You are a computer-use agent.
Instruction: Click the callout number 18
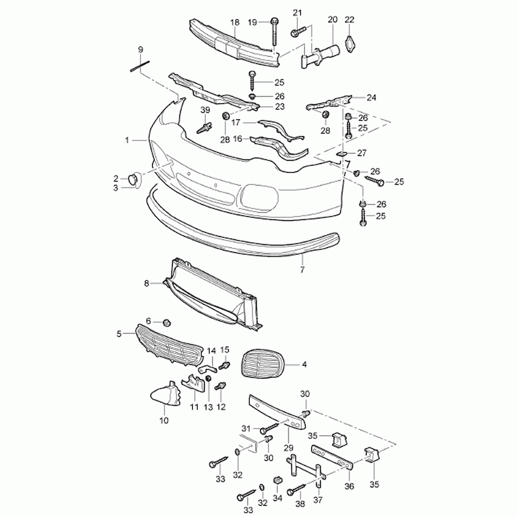(235, 22)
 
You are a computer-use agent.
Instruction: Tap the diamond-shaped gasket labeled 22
(349, 44)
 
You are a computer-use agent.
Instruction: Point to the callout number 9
(141, 49)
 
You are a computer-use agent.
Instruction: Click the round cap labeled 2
(133, 179)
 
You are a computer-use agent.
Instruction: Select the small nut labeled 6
(167, 322)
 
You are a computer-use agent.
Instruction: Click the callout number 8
(146, 283)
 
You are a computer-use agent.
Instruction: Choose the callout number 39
(205, 110)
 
